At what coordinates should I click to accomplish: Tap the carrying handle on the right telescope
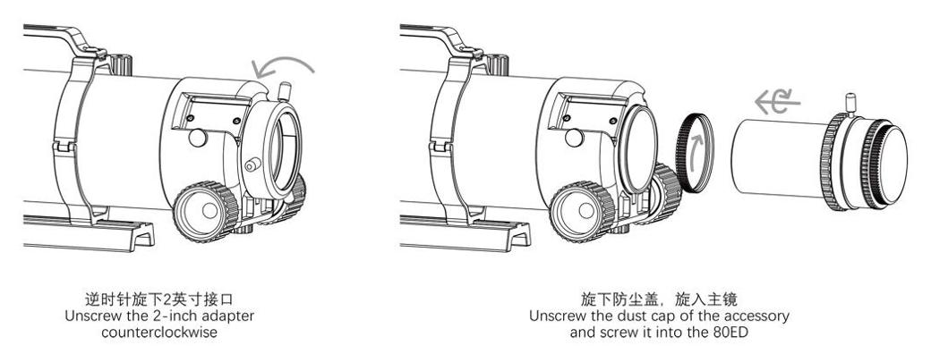coord(443,40)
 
